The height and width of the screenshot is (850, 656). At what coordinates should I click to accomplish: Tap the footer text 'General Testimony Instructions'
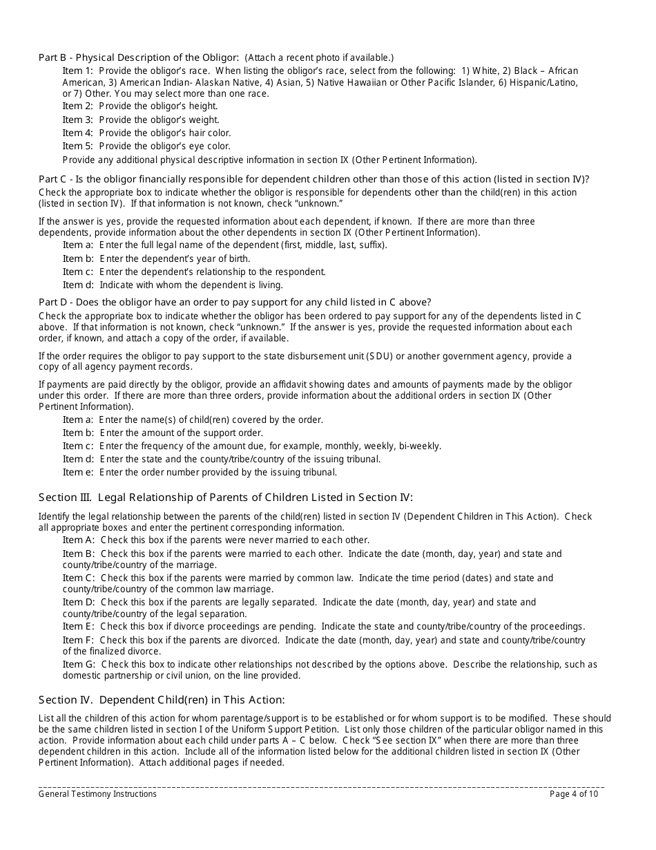click(x=97, y=794)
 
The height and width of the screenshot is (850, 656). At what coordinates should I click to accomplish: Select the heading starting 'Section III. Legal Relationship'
click(x=225, y=497)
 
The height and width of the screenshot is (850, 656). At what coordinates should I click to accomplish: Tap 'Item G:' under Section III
click(x=79, y=664)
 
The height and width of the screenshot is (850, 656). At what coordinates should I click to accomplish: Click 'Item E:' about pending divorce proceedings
click(x=78, y=626)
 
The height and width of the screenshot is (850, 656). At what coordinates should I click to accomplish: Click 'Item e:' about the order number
click(x=77, y=473)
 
